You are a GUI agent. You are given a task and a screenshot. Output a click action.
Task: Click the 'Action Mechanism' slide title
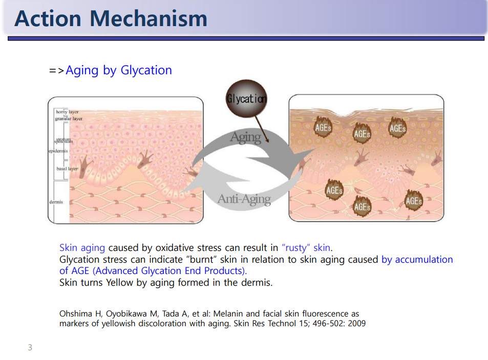point(111,18)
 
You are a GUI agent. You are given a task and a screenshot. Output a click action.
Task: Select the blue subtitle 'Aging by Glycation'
point(119,70)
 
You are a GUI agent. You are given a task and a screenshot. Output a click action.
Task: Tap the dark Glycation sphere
point(246,98)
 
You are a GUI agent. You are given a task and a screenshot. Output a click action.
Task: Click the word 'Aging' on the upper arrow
point(246,137)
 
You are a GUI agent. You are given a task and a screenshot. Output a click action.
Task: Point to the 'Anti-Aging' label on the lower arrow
point(244,199)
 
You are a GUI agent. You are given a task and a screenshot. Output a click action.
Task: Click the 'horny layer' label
point(67,112)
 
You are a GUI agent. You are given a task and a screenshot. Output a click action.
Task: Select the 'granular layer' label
point(69,118)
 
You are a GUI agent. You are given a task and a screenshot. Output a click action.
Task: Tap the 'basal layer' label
point(67,168)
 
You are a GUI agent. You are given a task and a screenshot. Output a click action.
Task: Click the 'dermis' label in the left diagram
point(56,202)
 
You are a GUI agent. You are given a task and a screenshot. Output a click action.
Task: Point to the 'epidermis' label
point(58,151)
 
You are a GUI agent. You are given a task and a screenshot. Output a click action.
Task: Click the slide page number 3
point(30,347)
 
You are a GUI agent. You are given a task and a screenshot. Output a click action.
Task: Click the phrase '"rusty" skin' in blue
point(306,248)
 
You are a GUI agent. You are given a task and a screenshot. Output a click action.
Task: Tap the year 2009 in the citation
point(357,324)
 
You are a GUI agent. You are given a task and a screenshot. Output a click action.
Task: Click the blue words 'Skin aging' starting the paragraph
point(82,248)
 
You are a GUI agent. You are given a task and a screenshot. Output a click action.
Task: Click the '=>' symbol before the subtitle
point(57,71)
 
